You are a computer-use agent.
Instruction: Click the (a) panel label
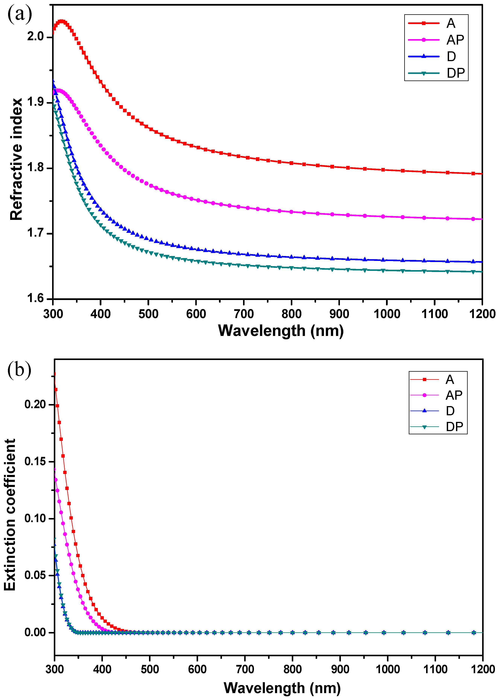tap(19, 14)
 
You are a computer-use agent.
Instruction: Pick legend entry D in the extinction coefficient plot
tap(450, 411)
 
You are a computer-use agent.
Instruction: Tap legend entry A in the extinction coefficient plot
tap(450, 379)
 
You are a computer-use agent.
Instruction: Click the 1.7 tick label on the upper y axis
tap(36, 233)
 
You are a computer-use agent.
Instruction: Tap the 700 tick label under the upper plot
tap(244, 314)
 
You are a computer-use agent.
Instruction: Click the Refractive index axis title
tap(16, 159)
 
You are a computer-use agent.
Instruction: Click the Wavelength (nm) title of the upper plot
tap(281, 331)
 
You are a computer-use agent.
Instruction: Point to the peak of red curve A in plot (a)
tap(62, 21)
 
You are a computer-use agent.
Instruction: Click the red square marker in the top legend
tap(424, 23)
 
